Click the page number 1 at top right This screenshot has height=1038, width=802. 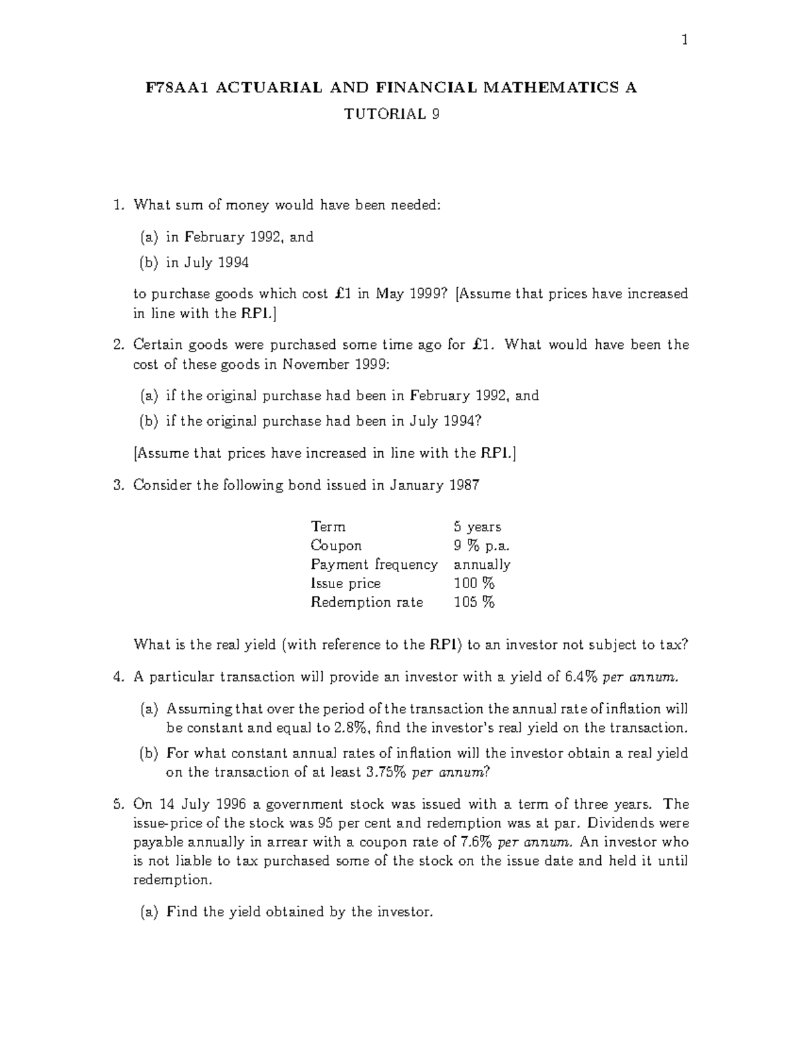point(684,41)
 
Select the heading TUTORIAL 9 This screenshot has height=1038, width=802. point(392,114)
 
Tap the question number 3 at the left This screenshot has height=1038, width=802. point(118,485)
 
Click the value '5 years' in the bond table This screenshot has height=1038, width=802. point(477,527)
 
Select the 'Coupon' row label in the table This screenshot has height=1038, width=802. point(336,545)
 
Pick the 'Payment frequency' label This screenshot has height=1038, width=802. point(374,565)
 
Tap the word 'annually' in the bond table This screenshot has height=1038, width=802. point(482,565)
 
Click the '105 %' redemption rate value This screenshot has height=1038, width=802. point(474,602)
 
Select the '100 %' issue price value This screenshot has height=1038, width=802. point(474,583)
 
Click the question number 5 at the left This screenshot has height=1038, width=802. point(118,804)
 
